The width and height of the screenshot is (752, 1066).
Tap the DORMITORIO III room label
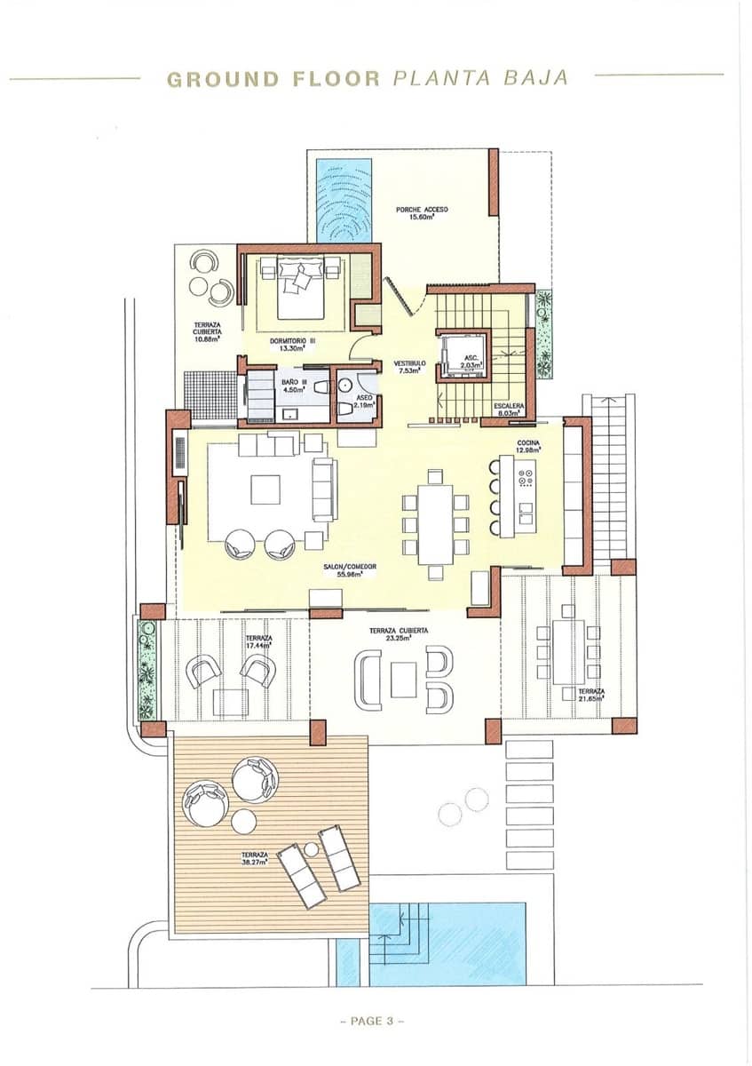(x=293, y=344)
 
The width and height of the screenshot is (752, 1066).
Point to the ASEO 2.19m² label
(x=364, y=402)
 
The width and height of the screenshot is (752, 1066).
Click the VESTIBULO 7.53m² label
(x=410, y=368)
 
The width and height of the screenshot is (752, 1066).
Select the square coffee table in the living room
(x=265, y=489)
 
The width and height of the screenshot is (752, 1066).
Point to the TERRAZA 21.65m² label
(x=590, y=695)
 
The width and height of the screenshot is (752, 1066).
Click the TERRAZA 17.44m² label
(x=259, y=641)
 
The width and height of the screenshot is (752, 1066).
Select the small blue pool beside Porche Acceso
(x=344, y=200)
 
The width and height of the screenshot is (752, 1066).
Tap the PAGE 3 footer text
(x=372, y=1021)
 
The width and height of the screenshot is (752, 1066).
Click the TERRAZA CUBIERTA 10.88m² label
(x=207, y=332)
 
